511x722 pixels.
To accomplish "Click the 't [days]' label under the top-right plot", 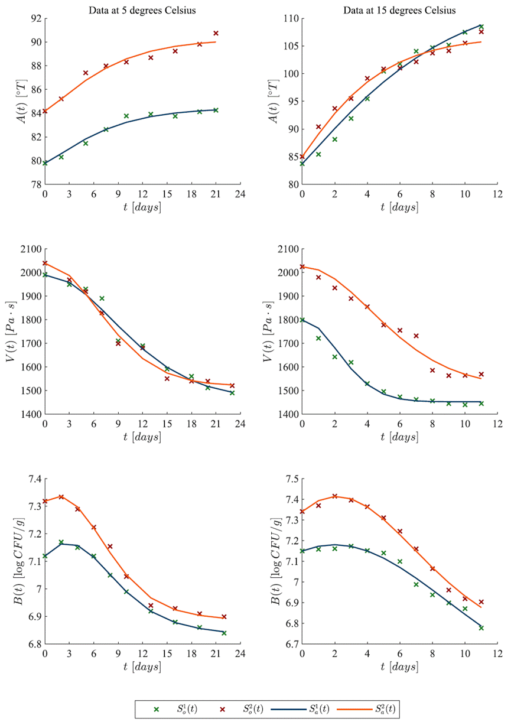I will tap(399, 207).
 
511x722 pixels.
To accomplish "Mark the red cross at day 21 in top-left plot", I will tap(216, 33).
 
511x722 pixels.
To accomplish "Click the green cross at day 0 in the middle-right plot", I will tap(302, 320).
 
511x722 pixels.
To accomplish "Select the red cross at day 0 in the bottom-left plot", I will tap(45, 501).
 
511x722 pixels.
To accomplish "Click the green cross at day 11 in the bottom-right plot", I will tap(481, 628).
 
